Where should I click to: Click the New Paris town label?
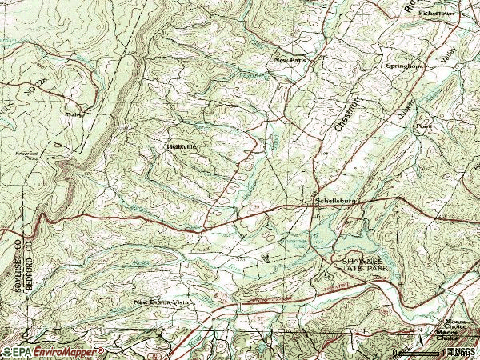point(290,59)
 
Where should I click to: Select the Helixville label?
point(180,146)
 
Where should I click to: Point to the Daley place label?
point(76,114)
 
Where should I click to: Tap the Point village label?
point(422,126)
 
